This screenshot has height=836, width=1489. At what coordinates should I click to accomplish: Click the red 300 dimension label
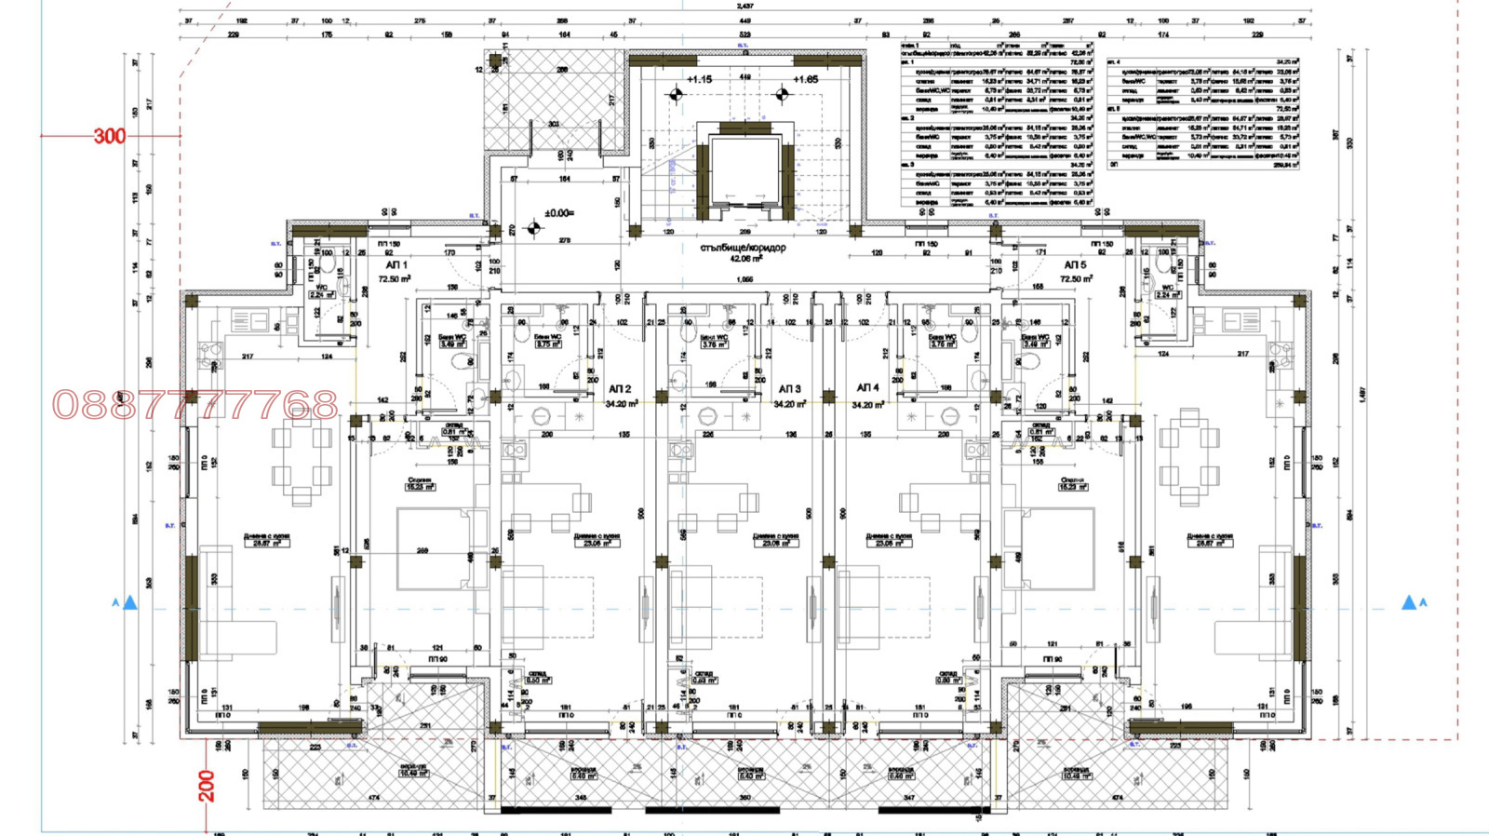click(109, 136)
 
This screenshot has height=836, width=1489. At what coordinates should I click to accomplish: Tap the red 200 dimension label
click(207, 786)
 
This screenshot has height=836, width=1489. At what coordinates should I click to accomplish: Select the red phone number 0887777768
click(195, 405)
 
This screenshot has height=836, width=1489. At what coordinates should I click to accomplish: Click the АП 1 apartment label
click(396, 265)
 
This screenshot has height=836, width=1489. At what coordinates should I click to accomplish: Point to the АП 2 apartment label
click(620, 389)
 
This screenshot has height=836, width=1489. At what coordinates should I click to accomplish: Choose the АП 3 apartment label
click(789, 389)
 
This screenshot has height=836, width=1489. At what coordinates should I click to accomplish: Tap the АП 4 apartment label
click(867, 388)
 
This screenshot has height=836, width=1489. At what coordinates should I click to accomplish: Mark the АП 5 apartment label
click(1075, 265)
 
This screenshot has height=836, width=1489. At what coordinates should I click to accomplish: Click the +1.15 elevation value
click(699, 80)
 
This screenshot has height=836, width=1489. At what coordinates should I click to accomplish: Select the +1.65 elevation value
click(805, 80)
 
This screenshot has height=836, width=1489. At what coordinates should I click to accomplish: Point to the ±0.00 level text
click(558, 213)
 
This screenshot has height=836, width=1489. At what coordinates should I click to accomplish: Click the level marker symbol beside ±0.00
click(533, 227)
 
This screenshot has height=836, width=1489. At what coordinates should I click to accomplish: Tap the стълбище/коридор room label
click(743, 249)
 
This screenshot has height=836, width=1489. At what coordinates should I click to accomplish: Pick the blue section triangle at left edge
click(130, 603)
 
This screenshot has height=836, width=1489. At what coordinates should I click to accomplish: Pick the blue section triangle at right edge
click(1409, 603)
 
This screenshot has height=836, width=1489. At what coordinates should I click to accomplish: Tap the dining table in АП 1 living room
click(302, 455)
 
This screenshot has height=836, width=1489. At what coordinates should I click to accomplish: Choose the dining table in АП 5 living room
click(1188, 455)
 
